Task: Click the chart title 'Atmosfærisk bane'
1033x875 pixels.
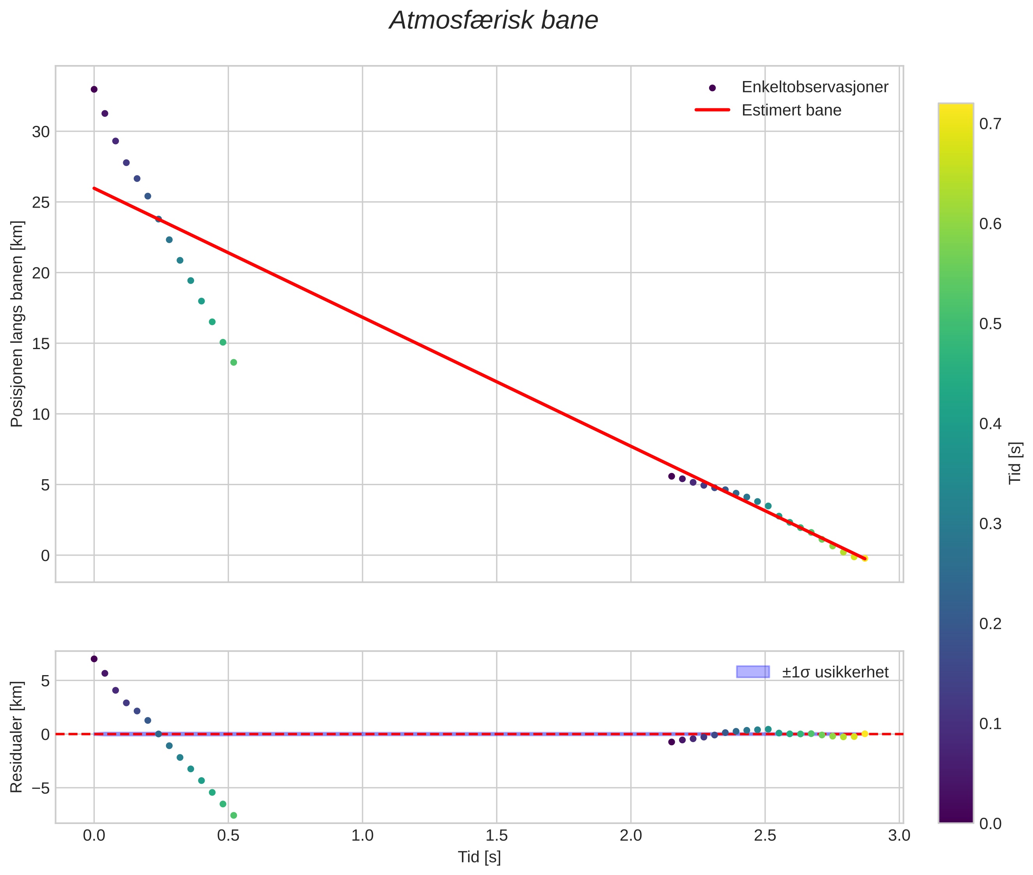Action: pos(494,21)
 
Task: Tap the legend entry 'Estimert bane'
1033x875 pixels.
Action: pos(791,110)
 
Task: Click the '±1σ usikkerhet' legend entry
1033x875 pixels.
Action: pos(835,672)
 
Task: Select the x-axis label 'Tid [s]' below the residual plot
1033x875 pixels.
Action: pos(479,857)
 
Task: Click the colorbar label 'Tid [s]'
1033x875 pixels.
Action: pos(1015,463)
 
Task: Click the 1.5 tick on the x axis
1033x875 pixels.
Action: pos(496,835)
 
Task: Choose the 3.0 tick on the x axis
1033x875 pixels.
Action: pos(899,835)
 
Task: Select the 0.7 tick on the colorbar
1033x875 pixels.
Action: pos(990,123)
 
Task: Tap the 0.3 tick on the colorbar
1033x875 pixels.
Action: pos(990,524)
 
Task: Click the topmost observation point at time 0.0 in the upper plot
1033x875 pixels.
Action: pos(94,89)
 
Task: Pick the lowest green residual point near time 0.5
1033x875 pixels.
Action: pos(233,815)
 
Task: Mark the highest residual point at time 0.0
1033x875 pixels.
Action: pos(94,659)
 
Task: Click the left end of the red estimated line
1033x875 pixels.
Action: pos(94,189)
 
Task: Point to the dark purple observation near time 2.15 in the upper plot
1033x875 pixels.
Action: pos(671,476)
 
